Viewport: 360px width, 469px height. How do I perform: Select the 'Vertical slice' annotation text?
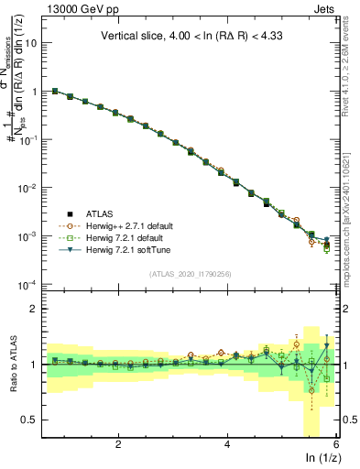pos(192,37)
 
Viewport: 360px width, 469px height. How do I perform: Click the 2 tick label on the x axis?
pos(118,444)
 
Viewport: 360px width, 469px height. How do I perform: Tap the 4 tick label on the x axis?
pos(227,444)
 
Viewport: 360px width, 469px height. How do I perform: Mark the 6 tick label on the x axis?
pos(335,444)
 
